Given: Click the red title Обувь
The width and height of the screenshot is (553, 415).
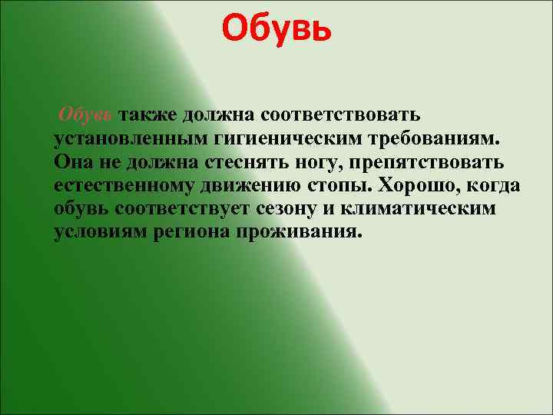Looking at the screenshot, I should point(276,30).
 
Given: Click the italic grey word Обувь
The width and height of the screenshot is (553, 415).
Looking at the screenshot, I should point(86,115).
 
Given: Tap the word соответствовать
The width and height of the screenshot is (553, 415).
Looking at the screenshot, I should point(339,115).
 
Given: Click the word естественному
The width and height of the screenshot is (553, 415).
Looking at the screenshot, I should point(122,186).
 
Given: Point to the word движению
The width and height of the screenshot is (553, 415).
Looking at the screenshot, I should point(247,186).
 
